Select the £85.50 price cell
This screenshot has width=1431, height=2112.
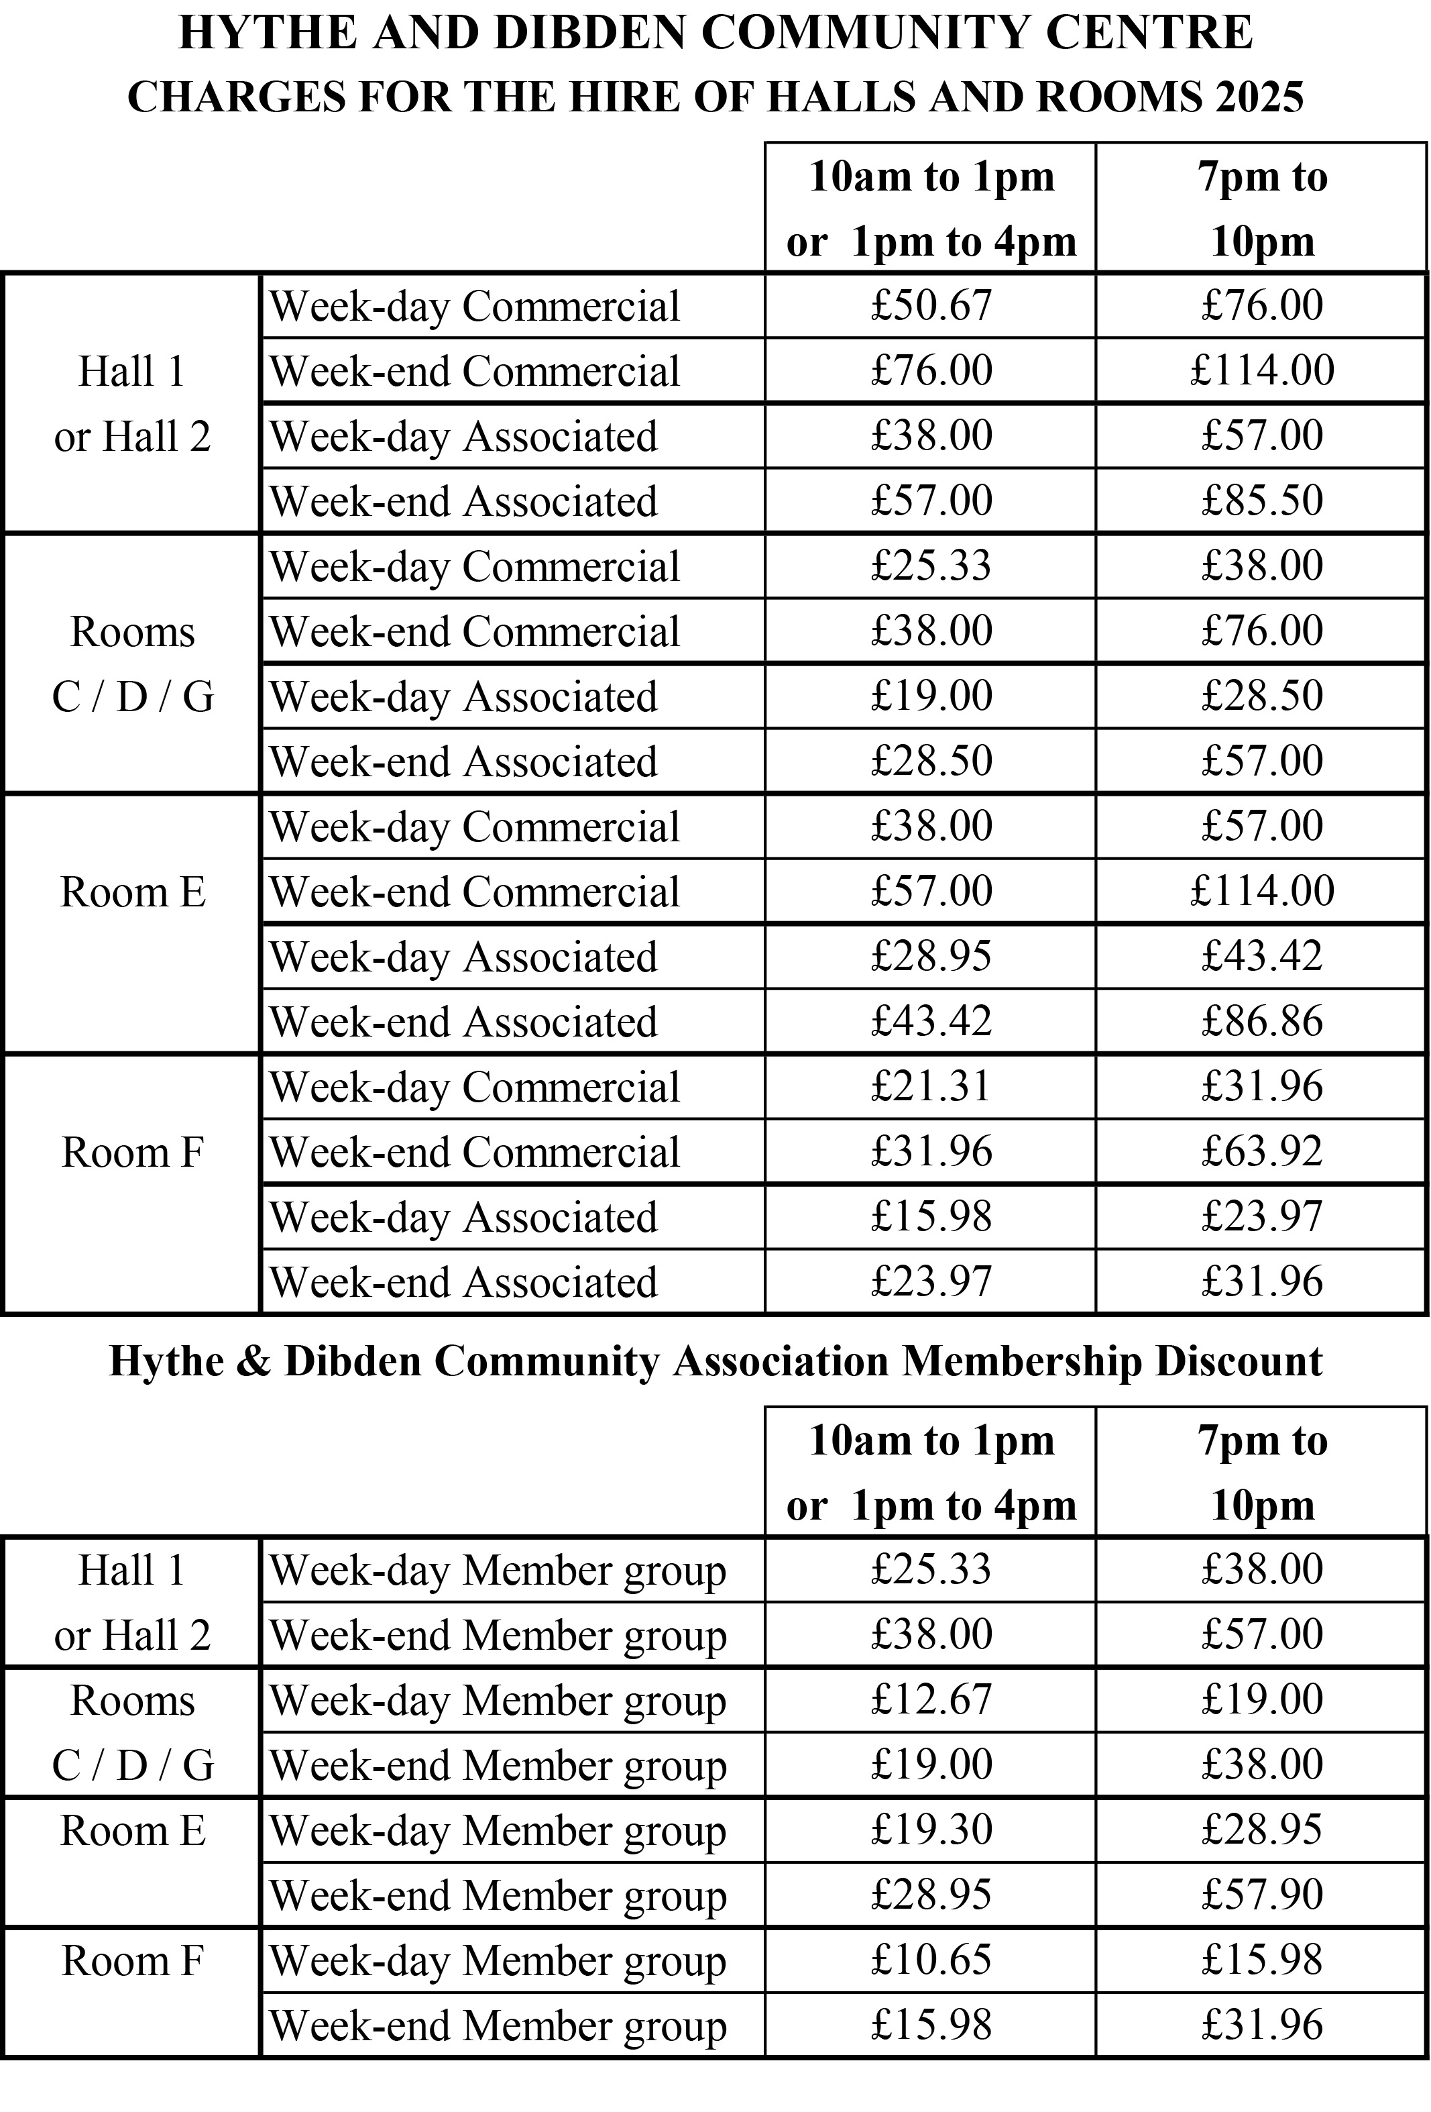pyautogui.click(x=1261, y=500)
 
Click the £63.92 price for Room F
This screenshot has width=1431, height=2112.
pyautogui.click(x=1261, y=1151)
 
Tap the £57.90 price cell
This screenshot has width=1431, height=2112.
pyautogui.click(x=1261, y=1895)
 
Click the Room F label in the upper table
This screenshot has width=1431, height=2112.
pyautogui.click(x=133, y=1153)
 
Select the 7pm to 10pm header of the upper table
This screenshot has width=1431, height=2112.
pyautogui.click(x=1261, y=208)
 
